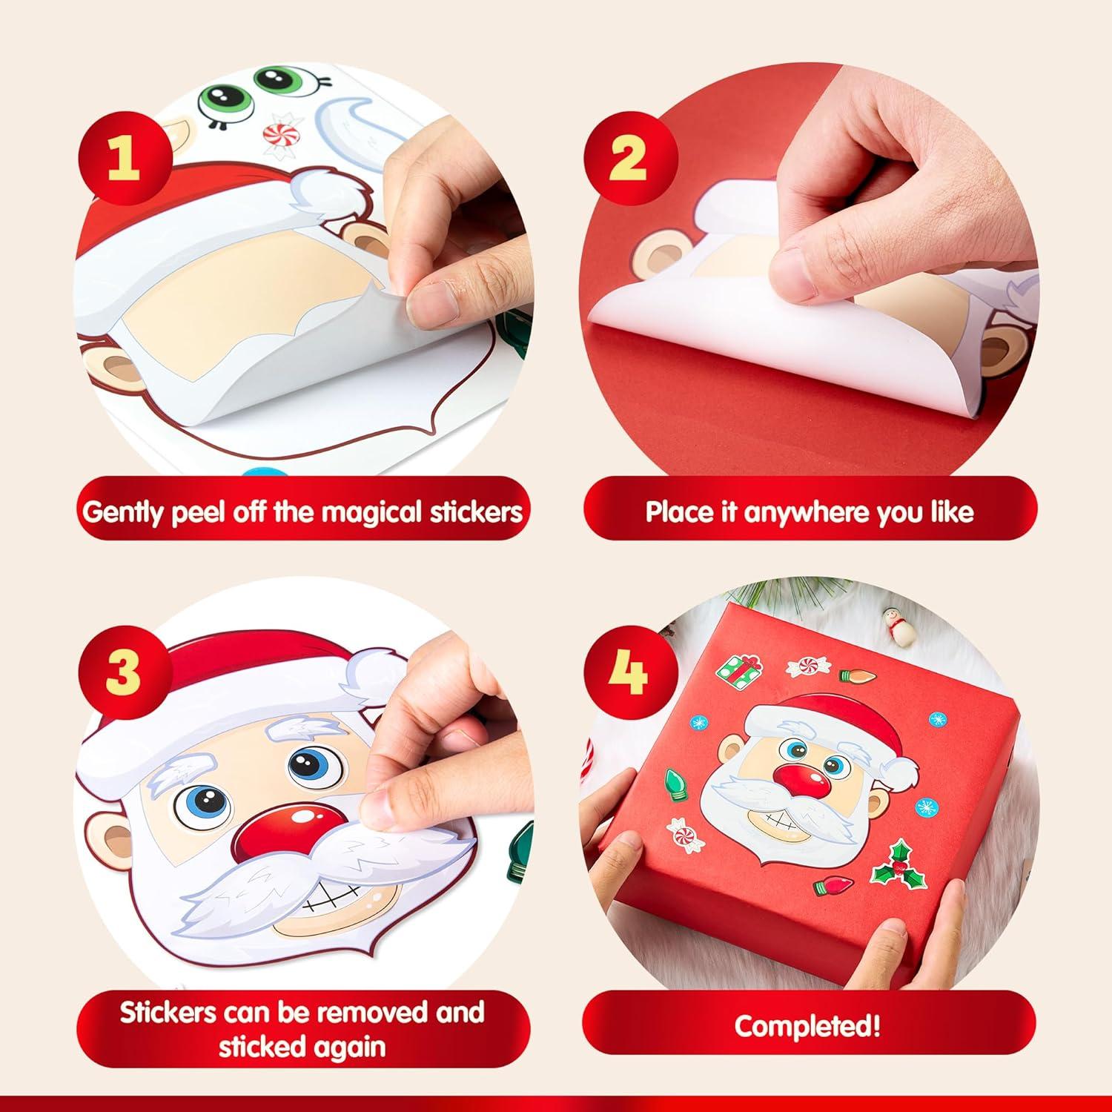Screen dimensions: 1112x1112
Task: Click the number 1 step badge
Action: [123, 158]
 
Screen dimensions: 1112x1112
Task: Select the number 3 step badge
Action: [123, 672]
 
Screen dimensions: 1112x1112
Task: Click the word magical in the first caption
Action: [348, 512]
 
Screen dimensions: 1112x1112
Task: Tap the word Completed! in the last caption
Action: [808, 1027]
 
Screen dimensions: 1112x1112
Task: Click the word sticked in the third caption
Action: [262, 1046]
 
